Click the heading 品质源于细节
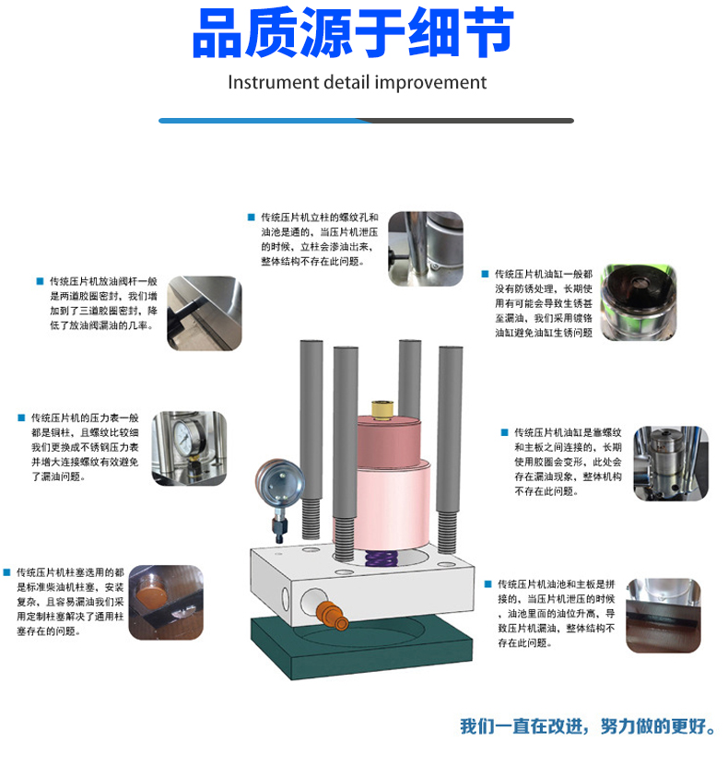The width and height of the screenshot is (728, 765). (353, 32)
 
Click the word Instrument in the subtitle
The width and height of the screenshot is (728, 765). (273, 82)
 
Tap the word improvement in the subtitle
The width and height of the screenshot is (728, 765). (431, 82)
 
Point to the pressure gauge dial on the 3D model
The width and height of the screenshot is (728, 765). (279, 483)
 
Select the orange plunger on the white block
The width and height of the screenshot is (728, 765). (332, 616)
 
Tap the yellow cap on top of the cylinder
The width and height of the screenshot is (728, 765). (382, 410)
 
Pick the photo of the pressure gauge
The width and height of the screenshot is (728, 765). (189, 448)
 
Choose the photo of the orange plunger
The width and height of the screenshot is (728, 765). (166, 603)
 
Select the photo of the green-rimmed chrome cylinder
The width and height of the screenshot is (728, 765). (639, 302)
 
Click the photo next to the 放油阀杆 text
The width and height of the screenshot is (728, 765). (205, 313)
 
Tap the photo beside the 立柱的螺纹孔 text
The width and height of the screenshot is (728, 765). (426, 249)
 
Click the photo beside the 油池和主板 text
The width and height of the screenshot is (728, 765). (663, 616)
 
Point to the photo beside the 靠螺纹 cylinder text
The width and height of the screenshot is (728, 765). (671, 463)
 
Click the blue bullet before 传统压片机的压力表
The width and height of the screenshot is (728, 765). (21, 418)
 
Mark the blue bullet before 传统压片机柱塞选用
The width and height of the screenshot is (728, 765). (6, 572)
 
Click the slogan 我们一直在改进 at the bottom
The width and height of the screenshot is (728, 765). (523, 726)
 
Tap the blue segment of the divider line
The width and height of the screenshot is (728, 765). (264, 121)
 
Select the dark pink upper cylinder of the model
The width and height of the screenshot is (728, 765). (389, 441)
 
